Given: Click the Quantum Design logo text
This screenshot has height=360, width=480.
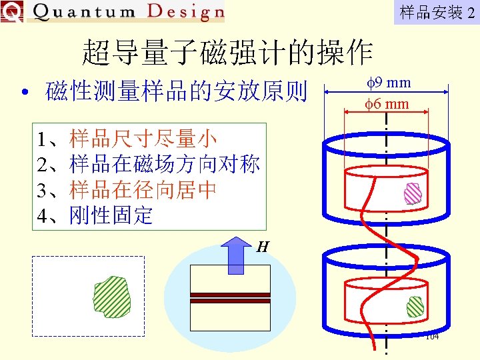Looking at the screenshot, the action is (127, 11).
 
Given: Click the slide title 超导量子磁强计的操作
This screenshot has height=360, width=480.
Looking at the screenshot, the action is (227, 52).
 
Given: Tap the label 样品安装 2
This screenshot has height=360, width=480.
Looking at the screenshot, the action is (437, 12).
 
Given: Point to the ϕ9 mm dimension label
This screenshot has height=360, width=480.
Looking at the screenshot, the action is (389, 83).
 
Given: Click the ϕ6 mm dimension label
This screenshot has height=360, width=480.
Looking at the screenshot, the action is (387, 104).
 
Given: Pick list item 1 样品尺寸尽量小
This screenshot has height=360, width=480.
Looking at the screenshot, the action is (127, 139).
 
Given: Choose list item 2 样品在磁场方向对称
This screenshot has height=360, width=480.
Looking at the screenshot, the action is (149, 164).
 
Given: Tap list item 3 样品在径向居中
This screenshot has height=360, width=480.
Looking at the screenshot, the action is (127, 190).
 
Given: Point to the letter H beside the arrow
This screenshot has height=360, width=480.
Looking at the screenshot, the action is (263, 247).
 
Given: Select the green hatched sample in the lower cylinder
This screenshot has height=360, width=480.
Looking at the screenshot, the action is (415, 307).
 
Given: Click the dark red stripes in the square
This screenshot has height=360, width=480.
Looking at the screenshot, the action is (230, 298).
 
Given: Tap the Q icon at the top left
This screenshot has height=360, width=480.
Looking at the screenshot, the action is (11, 11).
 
